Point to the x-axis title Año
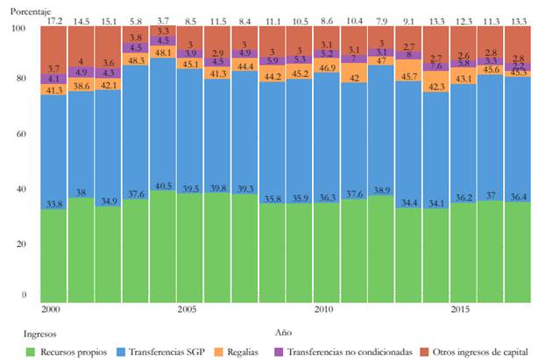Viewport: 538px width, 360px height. pos(286,333)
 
